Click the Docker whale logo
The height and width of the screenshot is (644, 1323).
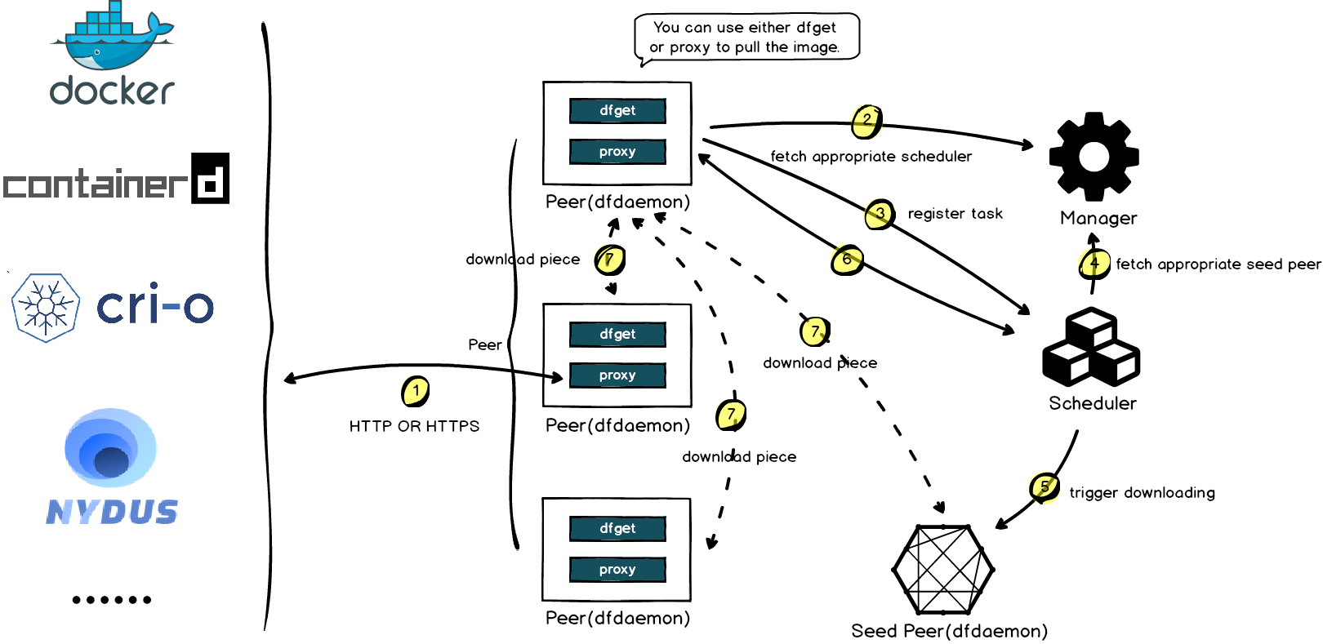coord(111,37)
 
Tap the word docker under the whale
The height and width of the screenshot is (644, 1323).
coord(112,90)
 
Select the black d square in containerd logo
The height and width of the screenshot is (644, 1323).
coord(211,178)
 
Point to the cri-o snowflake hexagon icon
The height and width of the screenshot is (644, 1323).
coord(46,308)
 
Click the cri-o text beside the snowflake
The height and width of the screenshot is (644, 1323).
coord(155,307)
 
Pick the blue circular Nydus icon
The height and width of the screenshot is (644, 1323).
coord(111,448)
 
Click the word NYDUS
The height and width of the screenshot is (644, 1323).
coord(112,512)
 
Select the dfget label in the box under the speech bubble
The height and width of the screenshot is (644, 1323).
coord(617,110)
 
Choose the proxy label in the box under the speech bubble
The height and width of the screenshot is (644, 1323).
coord(617,152)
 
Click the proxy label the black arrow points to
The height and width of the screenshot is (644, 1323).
coord(617,375)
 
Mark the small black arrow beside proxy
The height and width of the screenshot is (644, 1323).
coord(555,377)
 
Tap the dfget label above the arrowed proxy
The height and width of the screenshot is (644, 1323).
coord(617,334)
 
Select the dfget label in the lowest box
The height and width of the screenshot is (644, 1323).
coord(617,528)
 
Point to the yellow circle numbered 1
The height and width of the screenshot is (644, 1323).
coord(416,390)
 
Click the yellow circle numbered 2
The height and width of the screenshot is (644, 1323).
coord(866,120)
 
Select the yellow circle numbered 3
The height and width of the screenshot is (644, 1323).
coord(880,214)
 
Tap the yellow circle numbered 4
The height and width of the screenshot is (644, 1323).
coord(1094,263)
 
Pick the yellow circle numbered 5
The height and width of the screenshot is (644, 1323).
coord(1045,487)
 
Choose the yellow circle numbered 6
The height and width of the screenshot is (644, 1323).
coord(847,260)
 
